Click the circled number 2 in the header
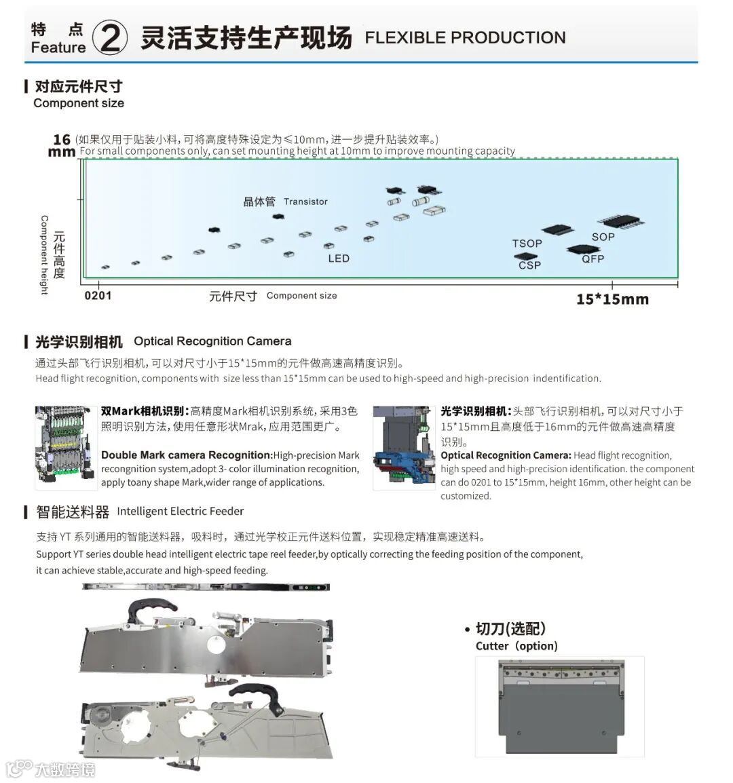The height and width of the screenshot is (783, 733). coord(109,38)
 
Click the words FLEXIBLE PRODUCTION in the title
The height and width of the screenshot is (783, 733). coord(465,38)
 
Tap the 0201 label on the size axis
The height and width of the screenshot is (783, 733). coord(98,296)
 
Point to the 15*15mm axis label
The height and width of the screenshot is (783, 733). coord(612,299)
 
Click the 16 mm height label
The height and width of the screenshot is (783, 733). coord(62,145)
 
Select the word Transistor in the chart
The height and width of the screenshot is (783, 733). coord(305,202)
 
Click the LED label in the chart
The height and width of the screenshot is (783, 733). coord(339,259)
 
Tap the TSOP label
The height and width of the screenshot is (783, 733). coord(527,244)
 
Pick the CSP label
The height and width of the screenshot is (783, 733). coord(529,265)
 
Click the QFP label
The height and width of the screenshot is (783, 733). coord(593,259)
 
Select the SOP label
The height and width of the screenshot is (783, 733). coord(603,237)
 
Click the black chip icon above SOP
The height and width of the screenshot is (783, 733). coord(620,221)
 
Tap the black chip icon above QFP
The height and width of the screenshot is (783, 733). coord(582,249)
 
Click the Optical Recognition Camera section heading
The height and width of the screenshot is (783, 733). coord(212,341)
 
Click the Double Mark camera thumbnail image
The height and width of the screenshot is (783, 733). coord(66,447)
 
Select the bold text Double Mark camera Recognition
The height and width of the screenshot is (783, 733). coord(186,455)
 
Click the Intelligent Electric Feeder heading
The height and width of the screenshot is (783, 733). coord(180,511)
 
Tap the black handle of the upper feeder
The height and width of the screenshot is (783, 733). coord(147,607)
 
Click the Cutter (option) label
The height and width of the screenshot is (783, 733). coord(516,646)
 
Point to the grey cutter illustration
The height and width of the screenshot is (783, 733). coord(560,708)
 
